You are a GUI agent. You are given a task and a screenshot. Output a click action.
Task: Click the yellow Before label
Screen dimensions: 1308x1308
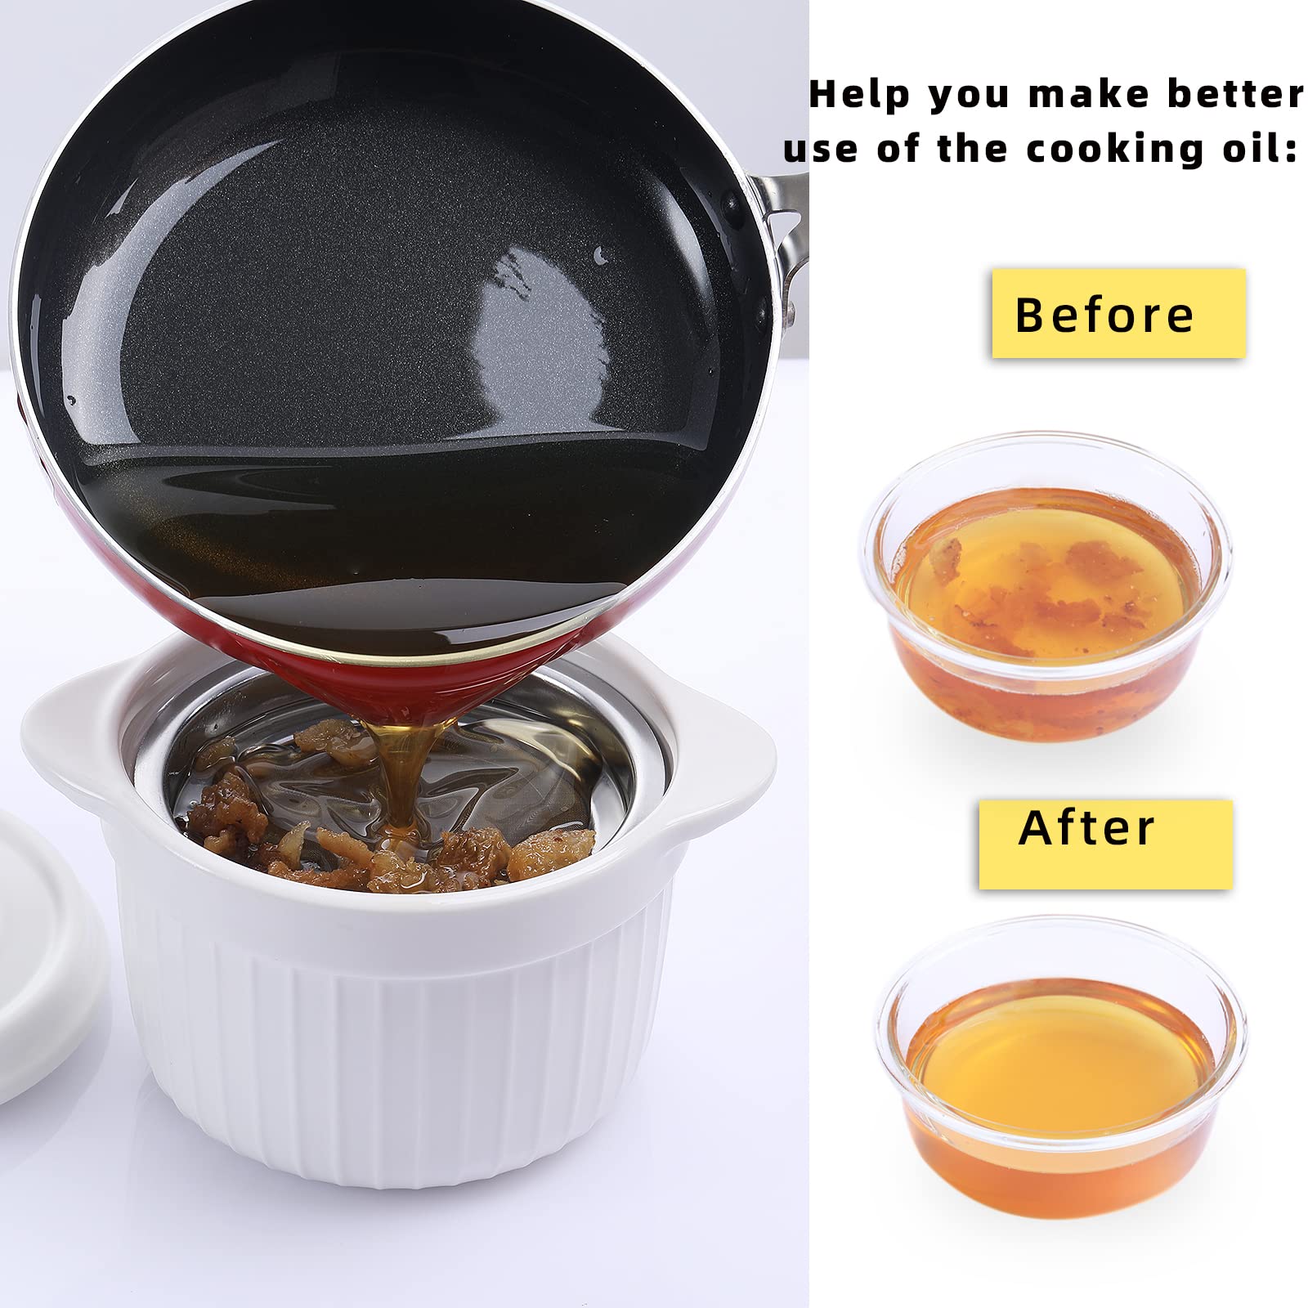pyautogui.click(x=1118, y=314)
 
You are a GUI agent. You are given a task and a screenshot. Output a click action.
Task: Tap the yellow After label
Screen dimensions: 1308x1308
pyautogui.click(x=1105, y=844)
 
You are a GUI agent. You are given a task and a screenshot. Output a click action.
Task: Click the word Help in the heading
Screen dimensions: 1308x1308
pyautogui.click(x=858, y=95)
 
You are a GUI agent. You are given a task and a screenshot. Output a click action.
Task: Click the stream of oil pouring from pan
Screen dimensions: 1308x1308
pyautogui.click(x=405, y=777)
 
